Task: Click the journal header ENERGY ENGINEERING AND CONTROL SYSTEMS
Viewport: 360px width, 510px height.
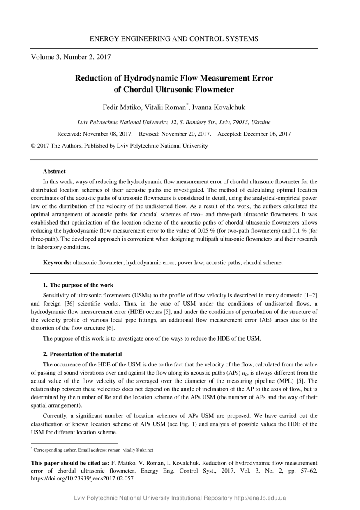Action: tap(174, 39)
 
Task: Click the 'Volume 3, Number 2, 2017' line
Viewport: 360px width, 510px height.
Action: tap(71, 57)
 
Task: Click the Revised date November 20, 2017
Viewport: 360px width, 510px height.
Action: tap(188, 134)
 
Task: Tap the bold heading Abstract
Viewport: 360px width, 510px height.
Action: tap(54, 172)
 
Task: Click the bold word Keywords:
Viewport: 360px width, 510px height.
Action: tap(58, 262)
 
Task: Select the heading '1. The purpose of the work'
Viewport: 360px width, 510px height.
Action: tap(78, 285)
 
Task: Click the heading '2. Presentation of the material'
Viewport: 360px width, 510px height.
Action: tap(83, 354)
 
